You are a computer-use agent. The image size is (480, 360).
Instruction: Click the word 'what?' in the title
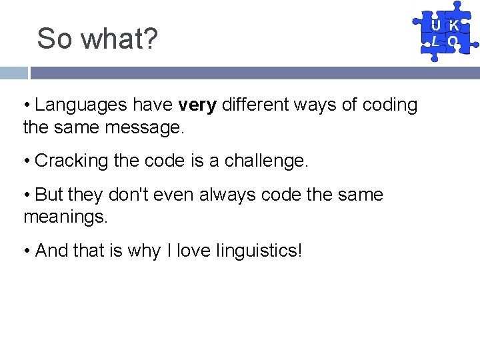(119, 39)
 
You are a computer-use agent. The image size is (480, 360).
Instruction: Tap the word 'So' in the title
(55, 39)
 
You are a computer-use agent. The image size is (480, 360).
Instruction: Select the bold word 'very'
(197, 105)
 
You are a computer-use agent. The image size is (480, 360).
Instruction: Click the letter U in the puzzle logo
(435, 26)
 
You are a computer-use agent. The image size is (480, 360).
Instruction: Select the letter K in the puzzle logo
(453, 26)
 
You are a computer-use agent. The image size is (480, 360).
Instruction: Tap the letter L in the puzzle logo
(435, 41)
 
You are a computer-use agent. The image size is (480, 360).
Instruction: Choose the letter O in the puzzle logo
(453, 41)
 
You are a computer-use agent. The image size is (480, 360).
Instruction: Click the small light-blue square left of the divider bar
(13, 73)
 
